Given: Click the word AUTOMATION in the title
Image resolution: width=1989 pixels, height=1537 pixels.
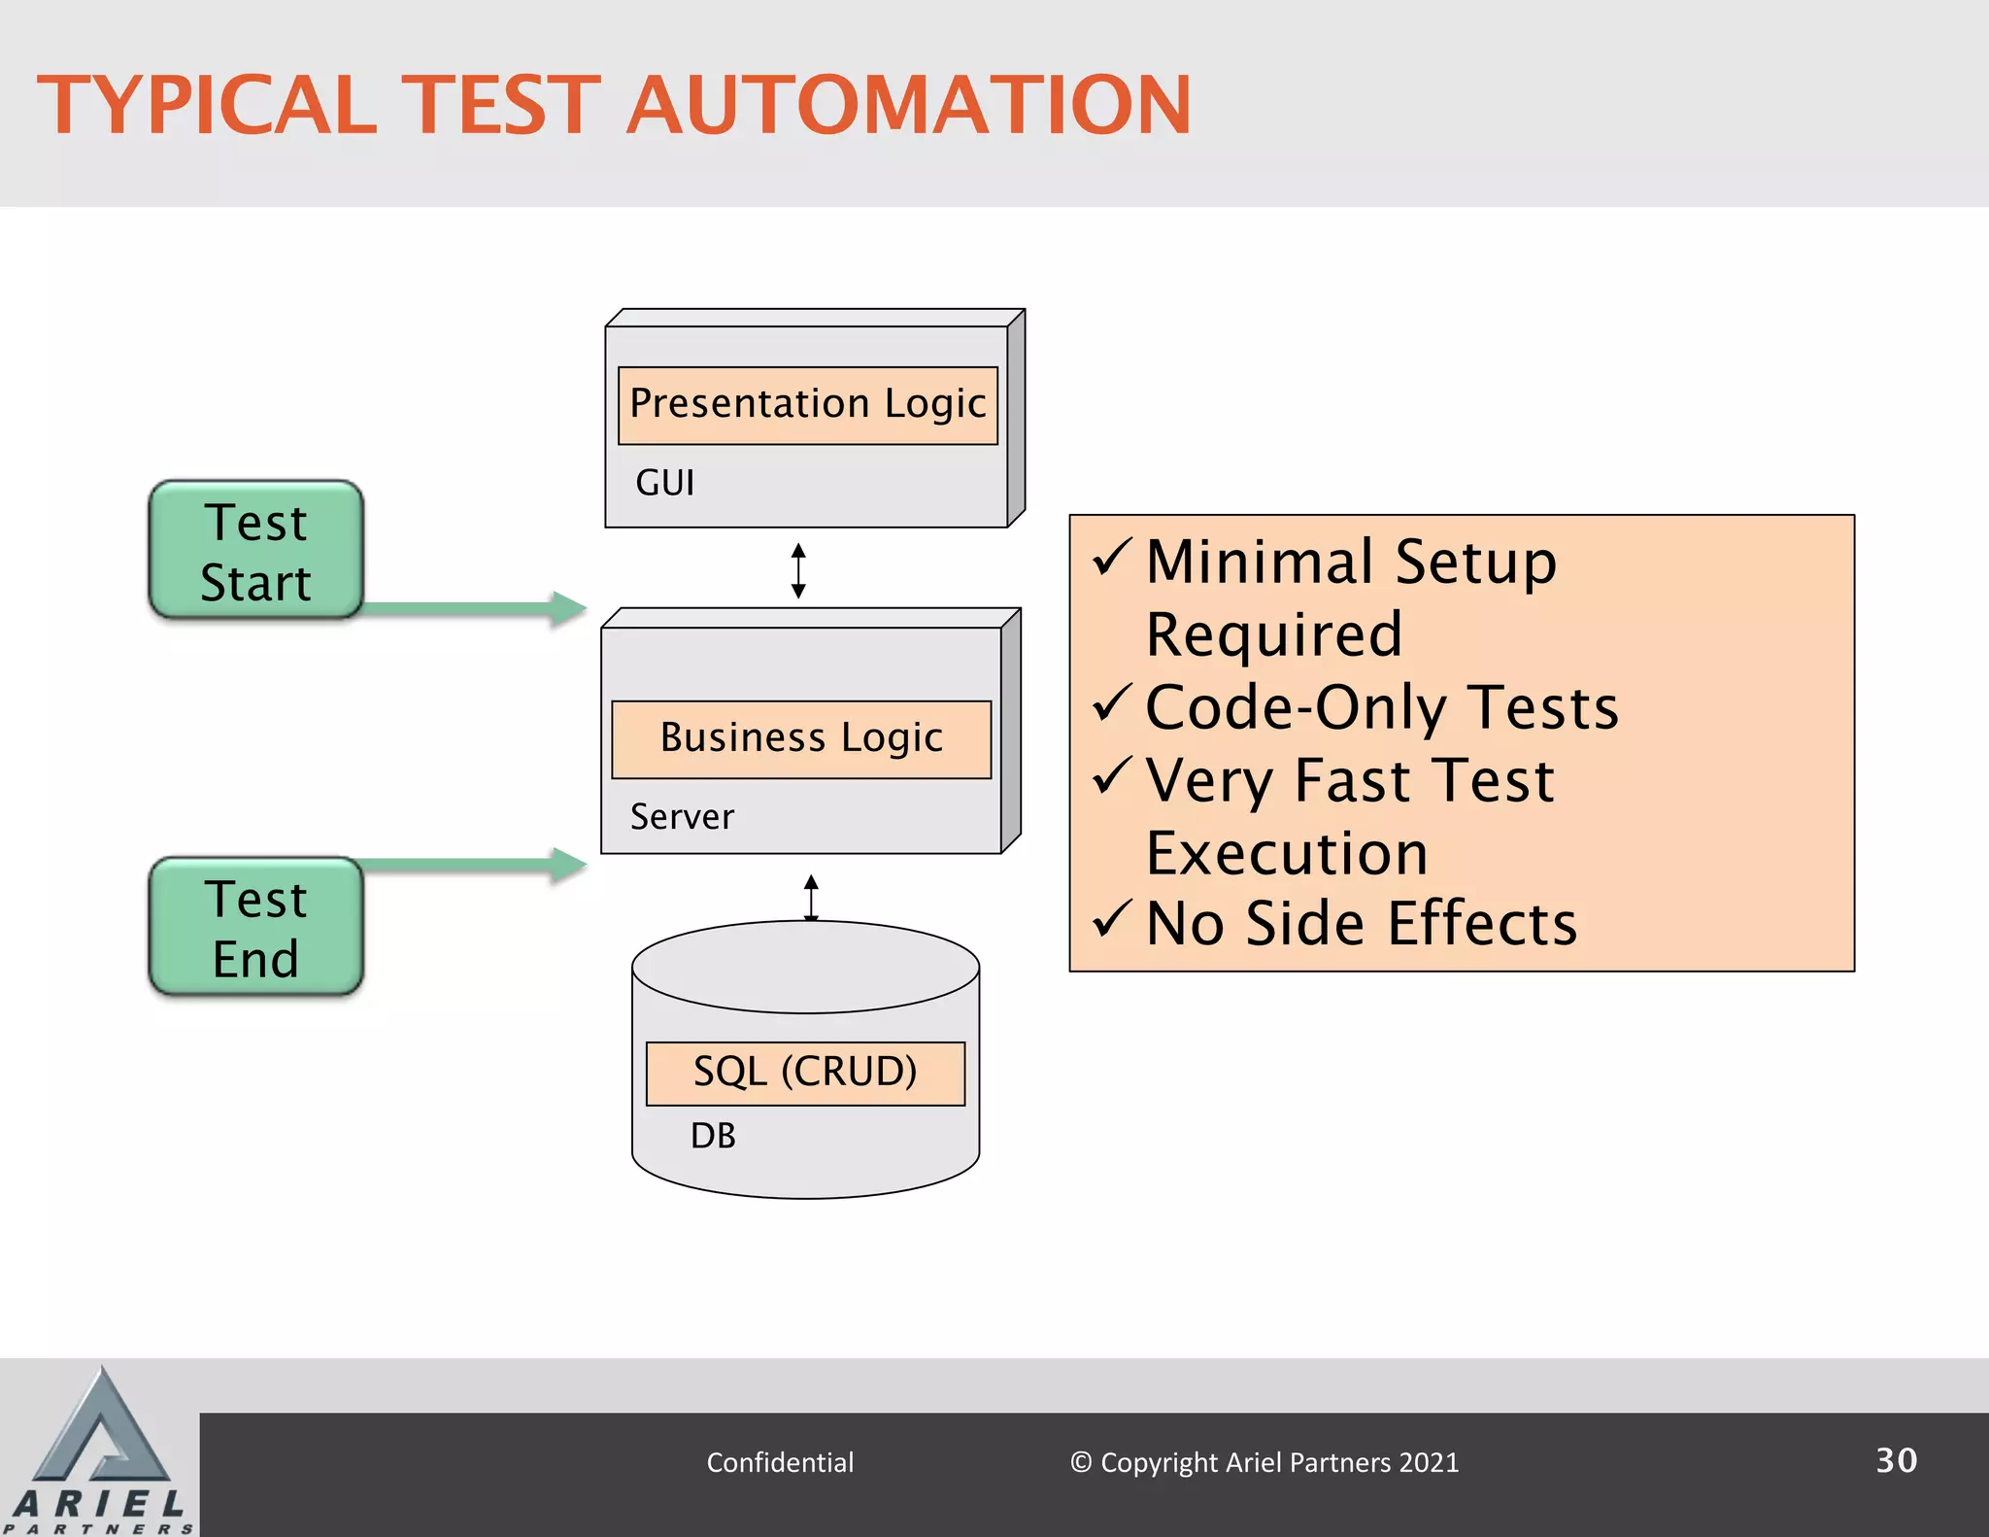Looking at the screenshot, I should [908, 105].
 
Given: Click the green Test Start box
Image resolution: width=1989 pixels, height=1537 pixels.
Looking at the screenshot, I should [255, 550].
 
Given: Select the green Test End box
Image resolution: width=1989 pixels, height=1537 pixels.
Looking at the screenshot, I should [255, 927].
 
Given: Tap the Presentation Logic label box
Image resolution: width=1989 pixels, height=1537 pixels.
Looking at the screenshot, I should [807, 404].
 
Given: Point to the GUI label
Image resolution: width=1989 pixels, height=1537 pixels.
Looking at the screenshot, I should [664, 483].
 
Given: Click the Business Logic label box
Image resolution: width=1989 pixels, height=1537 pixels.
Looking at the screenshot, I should [801, 738].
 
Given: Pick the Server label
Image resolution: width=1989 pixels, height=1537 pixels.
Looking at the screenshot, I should [682, 817].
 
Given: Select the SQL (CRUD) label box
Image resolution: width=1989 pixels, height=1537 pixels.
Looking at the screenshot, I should [805, 1073].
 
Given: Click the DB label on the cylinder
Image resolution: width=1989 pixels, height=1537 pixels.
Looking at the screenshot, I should [713, 1136].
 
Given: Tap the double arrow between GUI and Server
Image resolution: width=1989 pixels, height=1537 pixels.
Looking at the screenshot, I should [798, 570].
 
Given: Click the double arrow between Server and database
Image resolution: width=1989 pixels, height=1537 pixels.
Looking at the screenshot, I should [811, 897].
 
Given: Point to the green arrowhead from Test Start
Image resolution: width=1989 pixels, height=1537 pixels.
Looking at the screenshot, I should [569, 609].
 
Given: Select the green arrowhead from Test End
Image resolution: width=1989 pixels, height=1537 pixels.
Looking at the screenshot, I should [569, 865].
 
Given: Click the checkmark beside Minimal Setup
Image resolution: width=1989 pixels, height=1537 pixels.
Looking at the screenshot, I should [1112, 558].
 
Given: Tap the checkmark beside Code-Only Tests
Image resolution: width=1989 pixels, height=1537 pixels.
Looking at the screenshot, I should [1112, 702].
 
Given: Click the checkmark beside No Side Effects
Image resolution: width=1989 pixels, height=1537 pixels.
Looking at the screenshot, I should [1112, 918].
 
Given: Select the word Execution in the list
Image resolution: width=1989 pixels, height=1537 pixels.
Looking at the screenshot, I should [1287, 853].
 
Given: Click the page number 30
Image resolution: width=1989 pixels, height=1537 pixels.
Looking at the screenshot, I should [1896, 1460].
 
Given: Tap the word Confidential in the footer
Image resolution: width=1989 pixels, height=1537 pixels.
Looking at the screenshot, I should [780, 1462].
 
